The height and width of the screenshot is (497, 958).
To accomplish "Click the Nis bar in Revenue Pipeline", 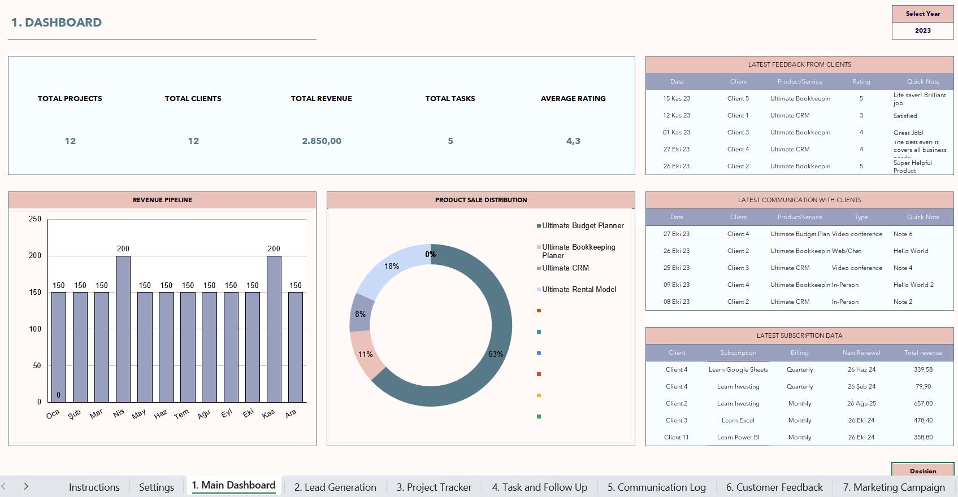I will tap(123, 329).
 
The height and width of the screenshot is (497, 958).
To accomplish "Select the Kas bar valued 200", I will tap(274, 329).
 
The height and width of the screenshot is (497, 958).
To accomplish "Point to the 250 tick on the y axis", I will tap(35, 219).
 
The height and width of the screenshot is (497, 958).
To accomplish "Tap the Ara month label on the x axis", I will tap(291, 414).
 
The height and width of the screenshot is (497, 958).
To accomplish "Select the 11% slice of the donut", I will tap(365, 355).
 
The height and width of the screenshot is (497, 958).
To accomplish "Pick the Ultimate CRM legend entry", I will tap(565, 268).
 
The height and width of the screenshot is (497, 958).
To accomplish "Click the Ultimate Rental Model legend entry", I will tap(579, 289).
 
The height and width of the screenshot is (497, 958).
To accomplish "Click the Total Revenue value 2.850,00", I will tap(322, 141).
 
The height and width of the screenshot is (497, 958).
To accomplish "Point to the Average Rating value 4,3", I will tap(573, 141).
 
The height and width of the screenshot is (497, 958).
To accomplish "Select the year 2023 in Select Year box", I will tap(922, 30).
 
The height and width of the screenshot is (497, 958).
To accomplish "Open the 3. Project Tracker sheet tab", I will tap(434, 487).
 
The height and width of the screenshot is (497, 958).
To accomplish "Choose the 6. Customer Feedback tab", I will tap(774, 487).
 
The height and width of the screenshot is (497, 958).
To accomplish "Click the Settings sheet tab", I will tap(157, 487).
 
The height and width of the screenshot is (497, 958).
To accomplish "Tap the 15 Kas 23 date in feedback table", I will tap(677, 98).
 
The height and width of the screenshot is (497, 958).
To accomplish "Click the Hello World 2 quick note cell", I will tap(913, 285).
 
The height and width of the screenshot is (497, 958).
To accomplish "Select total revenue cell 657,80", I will tap(923, 403).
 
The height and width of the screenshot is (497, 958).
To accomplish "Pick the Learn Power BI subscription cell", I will tap(738, 437).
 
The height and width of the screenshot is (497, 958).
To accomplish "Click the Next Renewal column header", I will tap(861, 352).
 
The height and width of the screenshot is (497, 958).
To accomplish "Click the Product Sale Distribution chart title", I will tap(481, 200).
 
